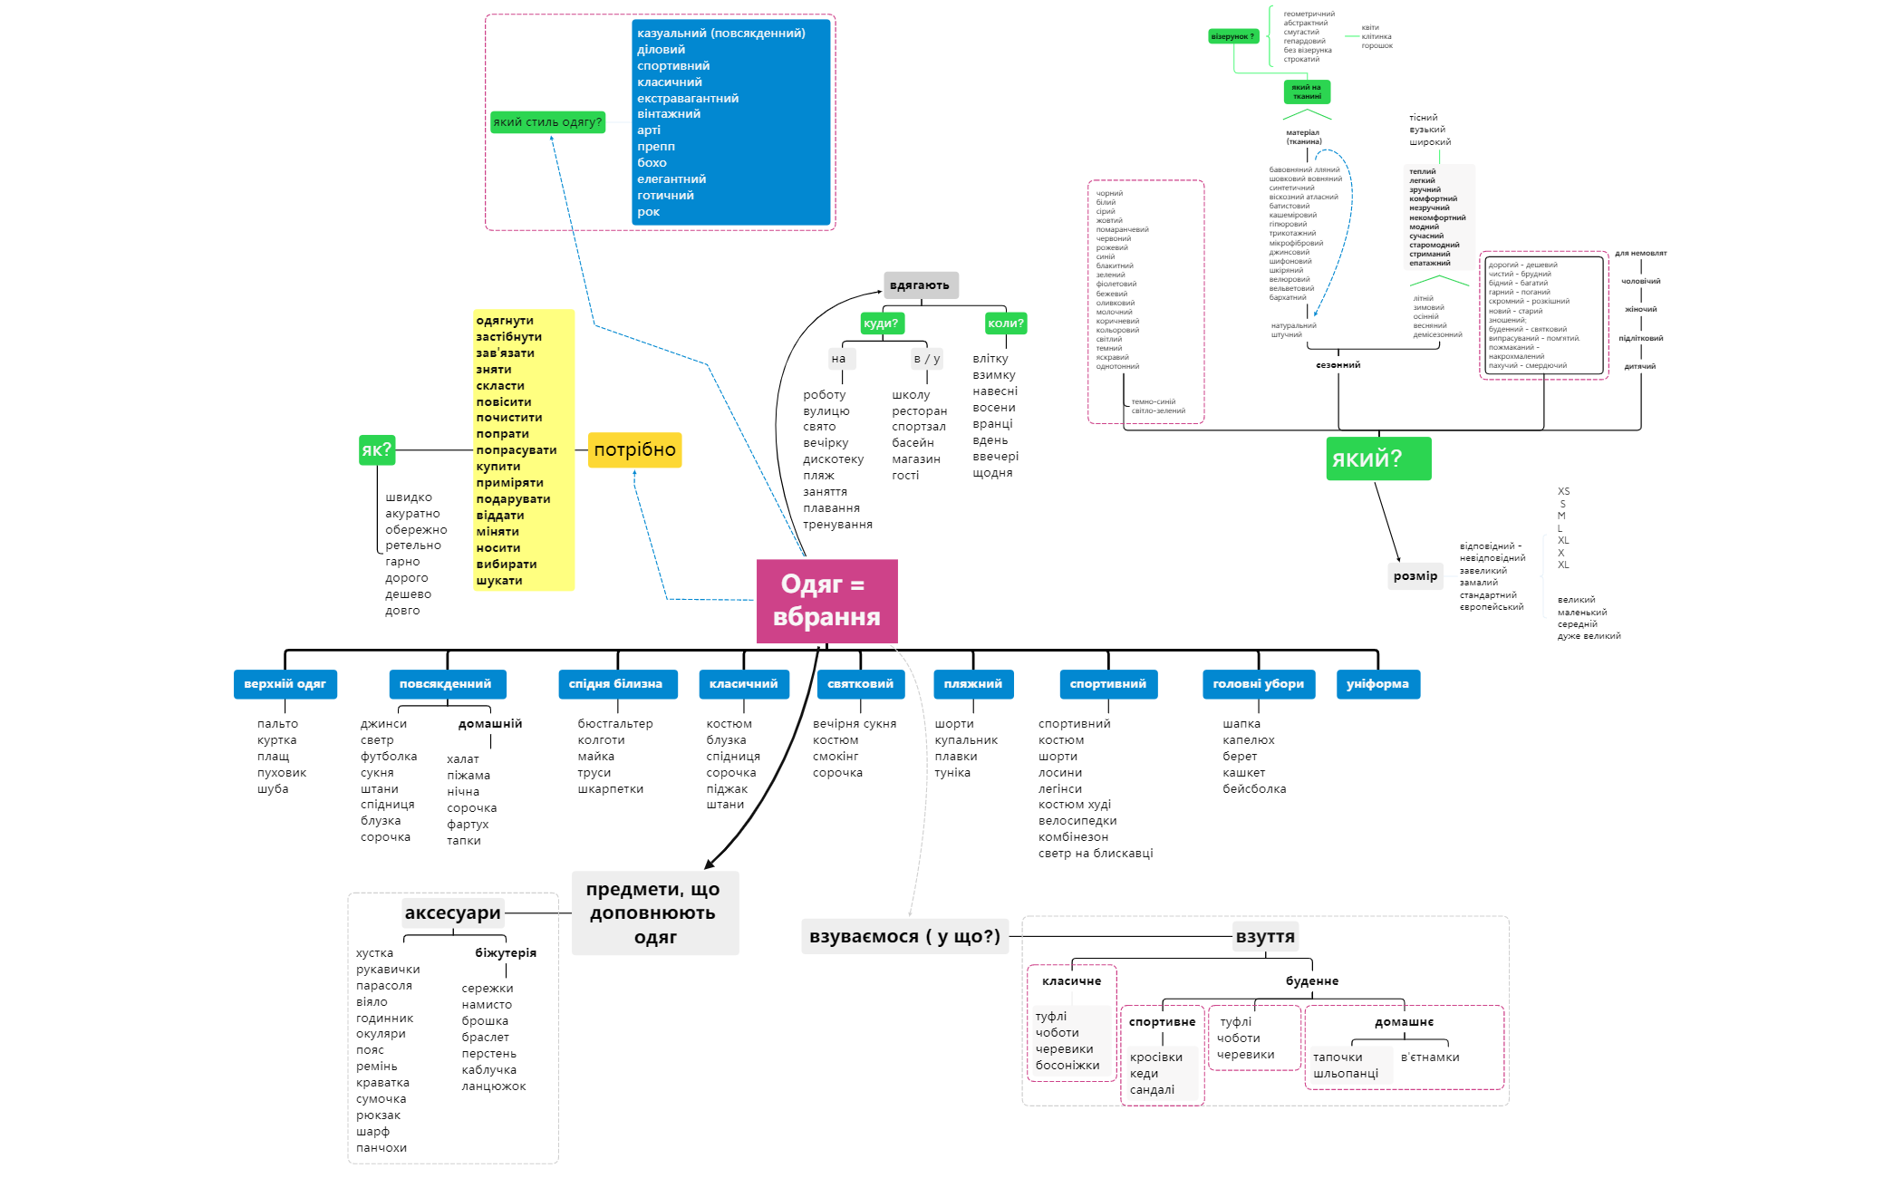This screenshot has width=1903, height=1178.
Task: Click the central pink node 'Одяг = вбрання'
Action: pyautogui.click(x=826, y=601)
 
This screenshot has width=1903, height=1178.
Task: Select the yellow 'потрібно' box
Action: pyautogui.click(x=634, y=449)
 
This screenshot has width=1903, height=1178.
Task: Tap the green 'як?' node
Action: pyautogui.click(x=376, y=449)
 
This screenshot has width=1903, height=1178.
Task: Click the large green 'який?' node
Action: pyautogui.click(x=1377, y=459)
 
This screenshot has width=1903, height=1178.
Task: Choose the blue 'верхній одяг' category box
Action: pyautogui.click(x=285, y=684)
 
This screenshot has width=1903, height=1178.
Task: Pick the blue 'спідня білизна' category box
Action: pyautogui.click(x=616, y=684)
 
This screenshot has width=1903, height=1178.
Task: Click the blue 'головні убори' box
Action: pyautogui.click(x=1258, y=684)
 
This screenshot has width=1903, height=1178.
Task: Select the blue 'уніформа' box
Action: pyautogui.click(x=1377, y=684)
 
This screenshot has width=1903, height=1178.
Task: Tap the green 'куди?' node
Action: pyautogui.click(x=881, y=323)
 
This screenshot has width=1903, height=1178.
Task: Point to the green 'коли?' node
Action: pyautogui.click(x=1006, y=323)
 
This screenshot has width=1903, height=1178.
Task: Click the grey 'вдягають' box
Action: pyautogui.click(x=920, y=285)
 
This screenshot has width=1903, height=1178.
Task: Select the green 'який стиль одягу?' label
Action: pyautogui.click(x=547, y=122)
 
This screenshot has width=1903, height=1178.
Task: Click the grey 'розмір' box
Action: pyautogui.click(x=1415, y=576)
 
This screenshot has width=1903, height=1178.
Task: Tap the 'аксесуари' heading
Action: pyautogui.click(x=452, y=912)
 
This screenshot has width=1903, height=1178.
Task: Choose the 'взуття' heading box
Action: pyautogui.click(x=1265, y=937)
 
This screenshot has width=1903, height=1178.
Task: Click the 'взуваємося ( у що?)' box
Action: pyautogui.click(x=904, y=937)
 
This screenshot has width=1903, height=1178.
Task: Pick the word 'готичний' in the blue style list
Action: pyautogui.click(x=665, y=196)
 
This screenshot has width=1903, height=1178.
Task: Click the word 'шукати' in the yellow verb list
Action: pyautogui.click(x=499, y=581)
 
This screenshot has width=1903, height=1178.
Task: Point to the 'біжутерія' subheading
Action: pyautogui.click(x=506, y=953)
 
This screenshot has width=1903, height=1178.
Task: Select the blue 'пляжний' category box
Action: pyautogui.click(x=973, y=684)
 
